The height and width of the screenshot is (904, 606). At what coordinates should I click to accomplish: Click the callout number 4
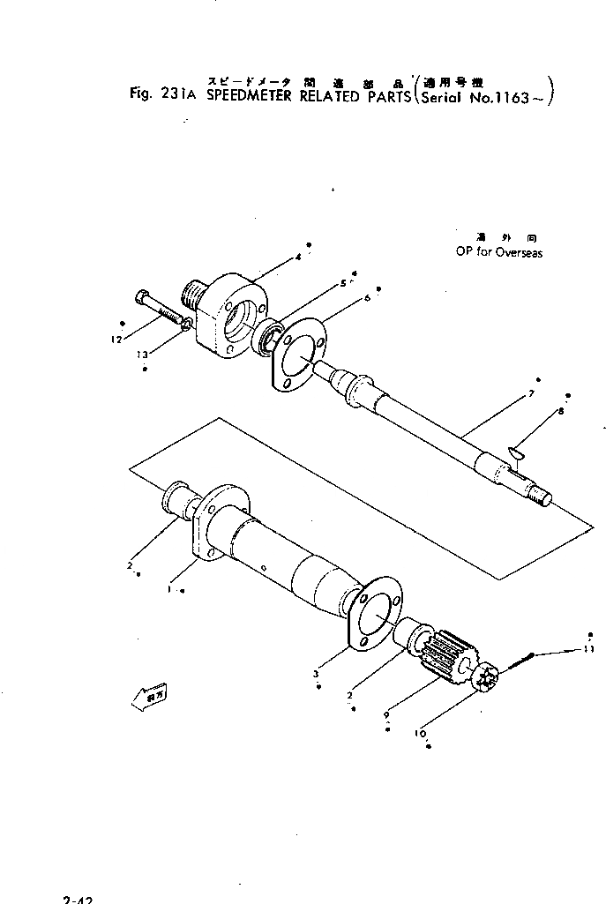[x=299, y=258]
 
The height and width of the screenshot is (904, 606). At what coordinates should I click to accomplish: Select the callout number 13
[x=143, y=355]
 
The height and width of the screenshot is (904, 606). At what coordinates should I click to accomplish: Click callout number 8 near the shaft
[x=560, y=411]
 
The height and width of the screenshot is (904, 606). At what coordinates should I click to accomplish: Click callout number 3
[x=317, y=674]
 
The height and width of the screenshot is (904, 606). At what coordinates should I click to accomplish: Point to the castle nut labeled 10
[x=486, y=679]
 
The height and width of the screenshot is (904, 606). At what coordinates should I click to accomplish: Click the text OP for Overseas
[x=498, y=252]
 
